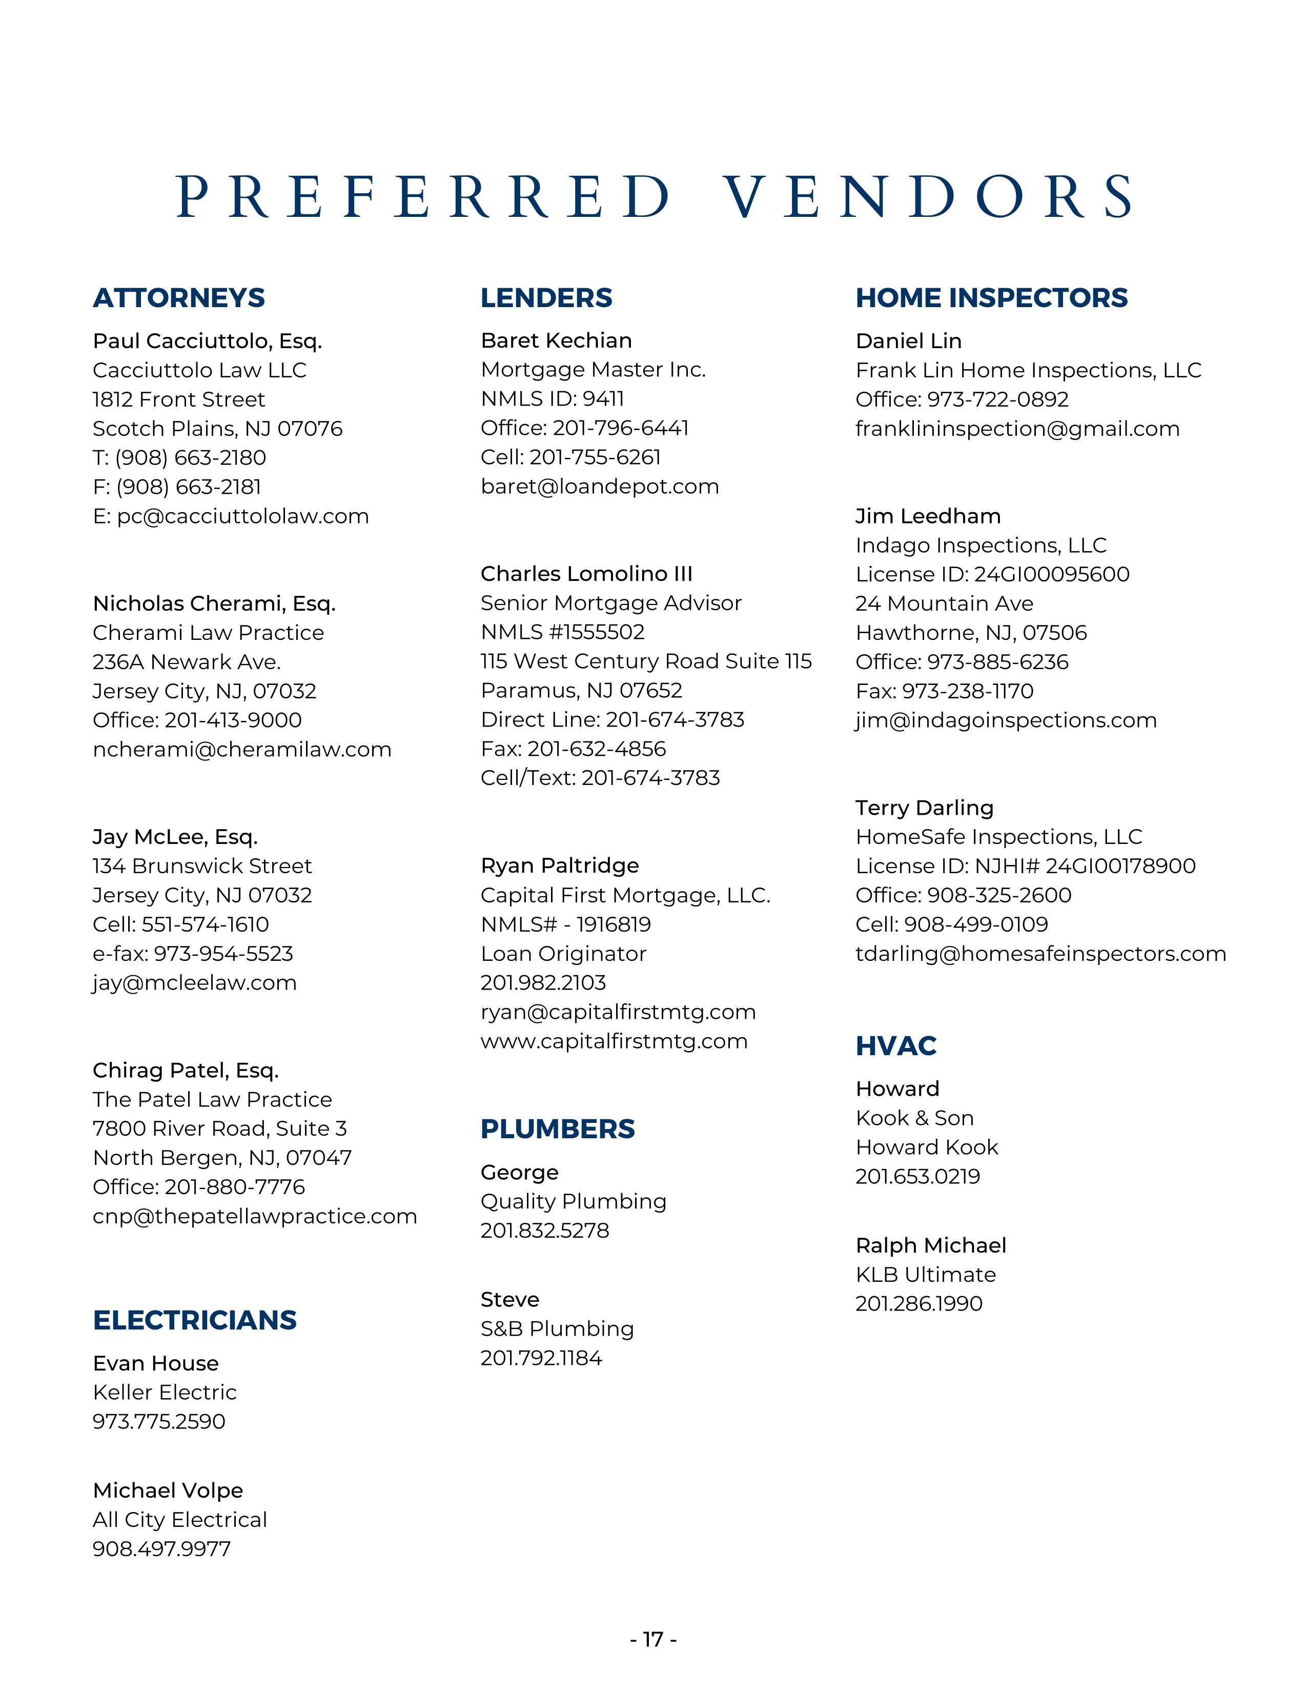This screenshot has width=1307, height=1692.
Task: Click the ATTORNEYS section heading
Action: click(179, 298)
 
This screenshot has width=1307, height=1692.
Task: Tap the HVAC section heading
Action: click(896, 1046)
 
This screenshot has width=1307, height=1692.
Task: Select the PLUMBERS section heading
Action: click(558, 1130)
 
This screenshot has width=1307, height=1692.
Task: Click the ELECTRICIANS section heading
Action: click(194, 1320)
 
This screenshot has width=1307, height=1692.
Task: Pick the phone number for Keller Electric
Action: click(159, 1422)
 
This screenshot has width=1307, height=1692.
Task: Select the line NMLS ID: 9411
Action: click(552, 399)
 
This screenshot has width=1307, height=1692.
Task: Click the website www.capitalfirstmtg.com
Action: click(614, 1041)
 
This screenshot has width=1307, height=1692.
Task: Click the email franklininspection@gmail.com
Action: click(1017, 429)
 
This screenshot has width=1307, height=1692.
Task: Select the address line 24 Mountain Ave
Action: click(944, 603)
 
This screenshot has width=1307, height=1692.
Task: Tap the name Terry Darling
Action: click(925, 808)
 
